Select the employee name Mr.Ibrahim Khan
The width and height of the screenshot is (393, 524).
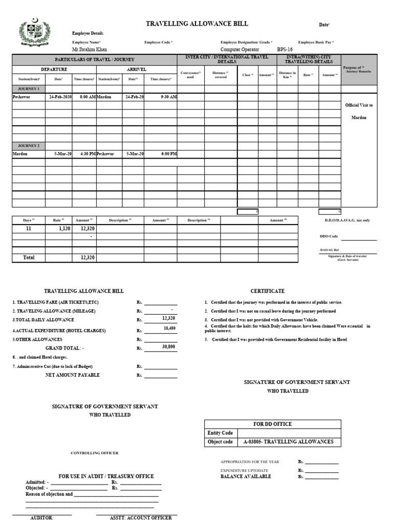pos(90,50)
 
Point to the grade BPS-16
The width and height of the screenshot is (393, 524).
pos(285,50)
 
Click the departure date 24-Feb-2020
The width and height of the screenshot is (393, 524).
pos(60,97)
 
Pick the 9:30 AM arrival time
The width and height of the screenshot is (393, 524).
pos(168,97)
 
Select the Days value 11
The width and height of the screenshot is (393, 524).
pos(29,229)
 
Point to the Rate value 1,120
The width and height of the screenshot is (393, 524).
pos(63,229)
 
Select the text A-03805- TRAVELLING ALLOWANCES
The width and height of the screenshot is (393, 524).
pos(288,442)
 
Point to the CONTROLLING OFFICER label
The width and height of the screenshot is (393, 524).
pos(94,453)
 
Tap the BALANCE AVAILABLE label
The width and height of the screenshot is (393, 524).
pos(246,476)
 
